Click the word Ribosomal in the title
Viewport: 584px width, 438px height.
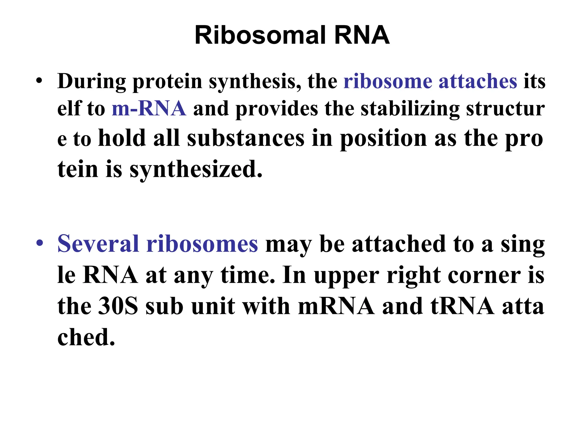tap(260, 35)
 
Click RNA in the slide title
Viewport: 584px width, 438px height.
tap(362, 35)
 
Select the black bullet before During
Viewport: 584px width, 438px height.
tap(39, 81)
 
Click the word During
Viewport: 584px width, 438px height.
tap(92, 82)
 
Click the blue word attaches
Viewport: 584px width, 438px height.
tap(478, 82)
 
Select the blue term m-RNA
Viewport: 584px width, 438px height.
tap(149, 109)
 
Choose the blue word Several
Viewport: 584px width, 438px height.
tap(98, 244)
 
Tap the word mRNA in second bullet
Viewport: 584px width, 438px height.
tap(336, 306)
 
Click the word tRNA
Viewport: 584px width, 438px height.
tap(463, 306)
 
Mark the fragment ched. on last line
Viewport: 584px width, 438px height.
tap(86, 337)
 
